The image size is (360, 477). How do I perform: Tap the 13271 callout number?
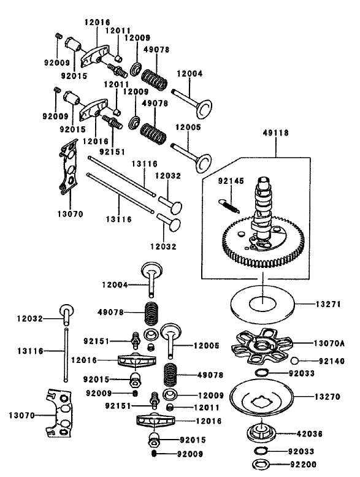pyautogui.click(x=328, y=304)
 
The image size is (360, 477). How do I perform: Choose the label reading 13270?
pyautogui.click(x=328, y=397)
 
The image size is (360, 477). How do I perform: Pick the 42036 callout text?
pyautogui.click(x=328, y=433)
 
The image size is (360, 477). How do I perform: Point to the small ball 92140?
pyautogui.click(x=295, y=361)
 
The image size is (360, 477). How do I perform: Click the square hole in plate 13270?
pyautogui.click(x=263, y=405)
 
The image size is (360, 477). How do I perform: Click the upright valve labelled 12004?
pyautogui.click(x=150, y=276)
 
